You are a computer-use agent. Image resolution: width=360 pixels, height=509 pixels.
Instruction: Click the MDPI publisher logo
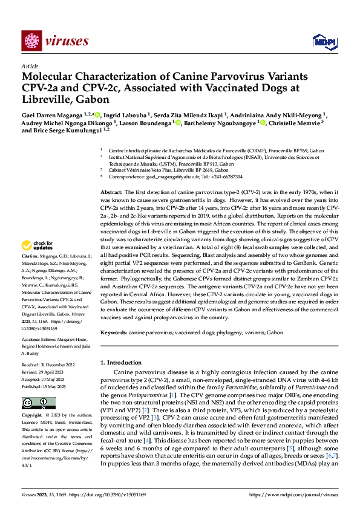321,41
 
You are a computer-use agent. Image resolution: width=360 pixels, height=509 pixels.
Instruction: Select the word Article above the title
30,66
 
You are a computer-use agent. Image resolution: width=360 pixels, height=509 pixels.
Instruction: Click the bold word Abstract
111,191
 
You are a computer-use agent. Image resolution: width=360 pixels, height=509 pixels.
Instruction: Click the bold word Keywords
114,333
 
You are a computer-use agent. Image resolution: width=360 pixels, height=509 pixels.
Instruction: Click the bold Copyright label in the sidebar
33,416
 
